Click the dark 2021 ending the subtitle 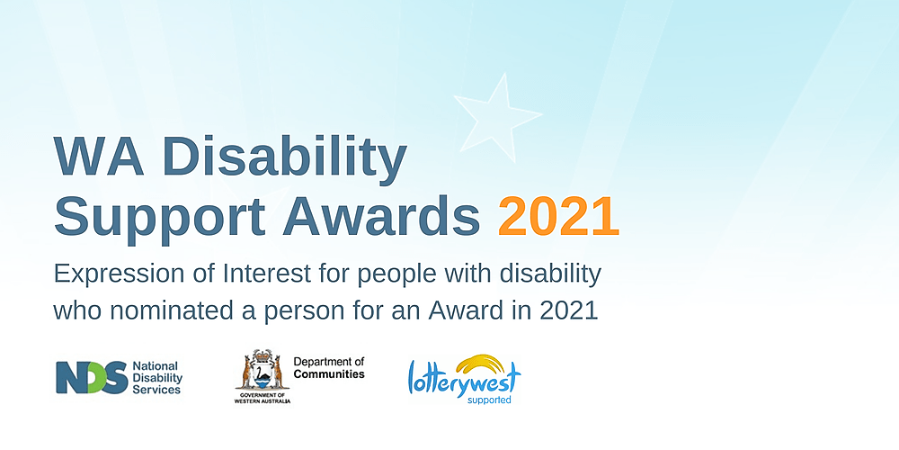pos(568,311)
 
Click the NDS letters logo pos(91,377)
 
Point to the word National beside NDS pos(156,366)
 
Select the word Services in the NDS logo pos(157,390)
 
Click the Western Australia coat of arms pos(261,370)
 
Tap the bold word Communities pos(329,374)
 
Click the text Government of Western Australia pos(261,397)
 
